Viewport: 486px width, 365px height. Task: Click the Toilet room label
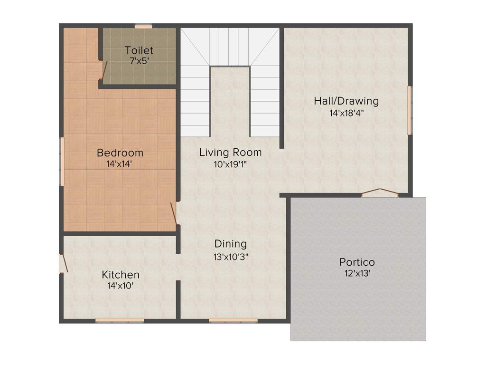(139, 50)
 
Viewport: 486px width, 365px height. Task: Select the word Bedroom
(120, 153)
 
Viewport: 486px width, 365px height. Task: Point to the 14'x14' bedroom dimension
(120, 164)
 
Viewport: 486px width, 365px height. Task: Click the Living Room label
(230, 153)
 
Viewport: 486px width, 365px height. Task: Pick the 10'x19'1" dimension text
(230, 164)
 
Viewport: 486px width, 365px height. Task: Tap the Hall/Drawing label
(346, 101)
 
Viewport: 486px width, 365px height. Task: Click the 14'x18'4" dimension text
(346, 113)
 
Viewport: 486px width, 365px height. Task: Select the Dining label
(231, 244)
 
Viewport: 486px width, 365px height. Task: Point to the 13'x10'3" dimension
(231, 256)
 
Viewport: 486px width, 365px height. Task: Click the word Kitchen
(121, 275)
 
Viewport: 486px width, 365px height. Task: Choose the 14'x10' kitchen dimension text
(121, 286)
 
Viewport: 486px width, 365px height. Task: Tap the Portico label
(357, 262)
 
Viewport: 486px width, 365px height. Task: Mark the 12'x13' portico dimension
(357, 273)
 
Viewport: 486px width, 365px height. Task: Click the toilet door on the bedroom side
(103, 70)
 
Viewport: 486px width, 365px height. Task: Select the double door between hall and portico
(380, 192)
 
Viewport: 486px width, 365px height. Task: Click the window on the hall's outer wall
(410, 110)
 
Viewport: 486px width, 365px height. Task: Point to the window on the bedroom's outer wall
(62, 162)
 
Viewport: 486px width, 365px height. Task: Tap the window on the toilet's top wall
(143, 27)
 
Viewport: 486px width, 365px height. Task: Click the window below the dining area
(233, 320)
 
